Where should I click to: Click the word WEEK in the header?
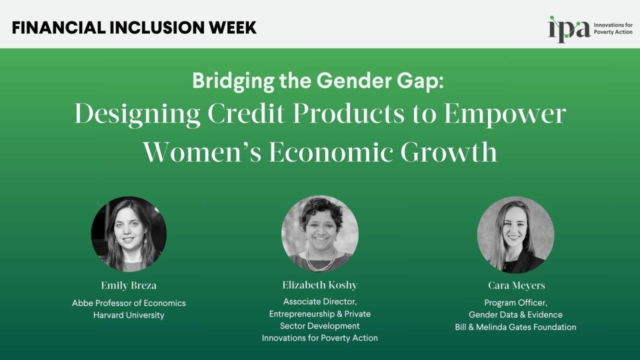coord(232,27)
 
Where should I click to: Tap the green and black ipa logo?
coord(568,28)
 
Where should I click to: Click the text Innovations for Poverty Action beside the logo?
coord(612,28)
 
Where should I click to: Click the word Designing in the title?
coord(137,114)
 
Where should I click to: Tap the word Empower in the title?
coord(504,114)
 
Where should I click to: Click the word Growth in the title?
coord(449,152)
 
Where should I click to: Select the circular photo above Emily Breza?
coord(128,234)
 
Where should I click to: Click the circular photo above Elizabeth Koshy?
coord(320,234)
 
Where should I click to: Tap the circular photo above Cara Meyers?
coord(515,234)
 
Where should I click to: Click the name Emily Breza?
coord(128,285)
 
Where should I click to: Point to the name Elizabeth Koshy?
coord(320,285)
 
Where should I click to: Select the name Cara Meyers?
coord(516,285)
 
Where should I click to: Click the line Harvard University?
coord(128,315)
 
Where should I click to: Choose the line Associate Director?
coord(320,301)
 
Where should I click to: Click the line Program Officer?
coord(515,302)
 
